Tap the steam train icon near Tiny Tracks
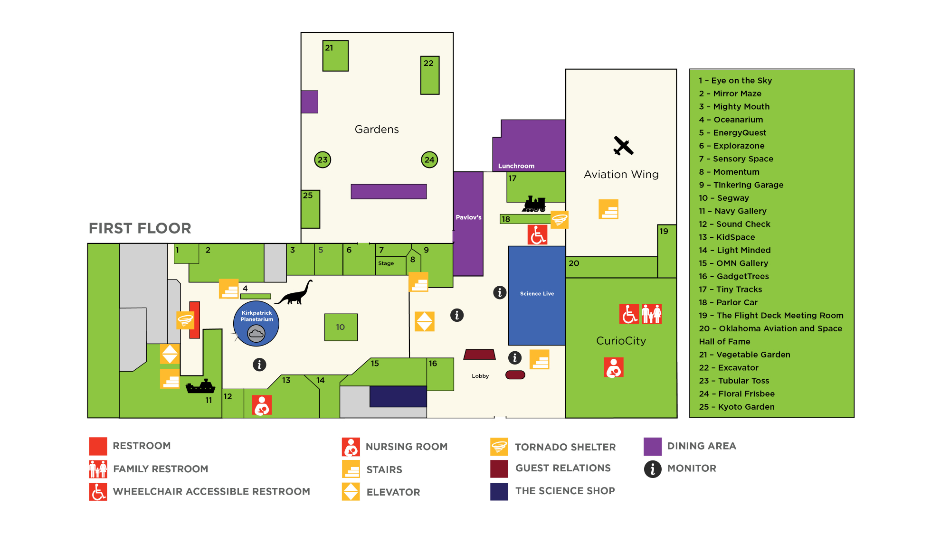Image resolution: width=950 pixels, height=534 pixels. tap(534, 204)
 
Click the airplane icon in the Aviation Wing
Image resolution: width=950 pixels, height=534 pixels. tap(623, 146)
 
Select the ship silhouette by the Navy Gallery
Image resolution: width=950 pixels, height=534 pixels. tap(200, 387)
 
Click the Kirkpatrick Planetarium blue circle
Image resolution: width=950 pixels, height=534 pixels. tap(256, 324)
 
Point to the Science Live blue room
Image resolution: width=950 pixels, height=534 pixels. tap(537, 295)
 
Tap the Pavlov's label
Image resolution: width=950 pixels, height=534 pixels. tap(468, 217)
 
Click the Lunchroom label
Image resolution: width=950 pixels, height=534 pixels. tap(516, 166)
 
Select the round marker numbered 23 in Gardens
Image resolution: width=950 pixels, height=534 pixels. tap(323, 160)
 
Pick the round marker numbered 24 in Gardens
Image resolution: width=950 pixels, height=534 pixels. tap(429, 160)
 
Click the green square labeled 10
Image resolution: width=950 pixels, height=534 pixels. tap(341, 327)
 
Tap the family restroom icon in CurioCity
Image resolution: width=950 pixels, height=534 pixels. tap(652, 314)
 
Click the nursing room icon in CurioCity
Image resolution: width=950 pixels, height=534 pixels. tap(614, 367)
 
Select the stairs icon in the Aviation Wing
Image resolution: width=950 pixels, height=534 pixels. tap(608, 209)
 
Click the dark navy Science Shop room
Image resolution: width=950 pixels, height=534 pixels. tap(398, 396)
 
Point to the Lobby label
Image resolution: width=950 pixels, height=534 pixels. tap(480, 376)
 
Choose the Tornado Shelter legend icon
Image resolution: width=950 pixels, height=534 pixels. tap(499, 447)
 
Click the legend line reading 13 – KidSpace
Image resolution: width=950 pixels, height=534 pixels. tap(727, 237)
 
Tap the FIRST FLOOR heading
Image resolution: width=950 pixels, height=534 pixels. tap(140, 228)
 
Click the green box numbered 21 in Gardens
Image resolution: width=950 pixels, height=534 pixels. tap(335, 56)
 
